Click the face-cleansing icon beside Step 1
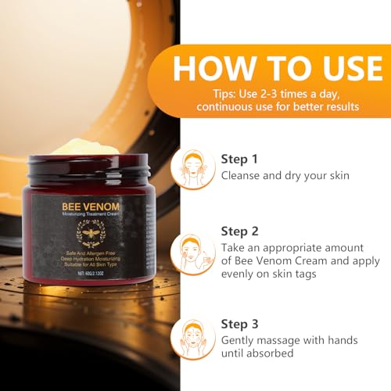point(192,167)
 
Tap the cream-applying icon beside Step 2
point(192,253)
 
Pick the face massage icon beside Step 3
point(192,339)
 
